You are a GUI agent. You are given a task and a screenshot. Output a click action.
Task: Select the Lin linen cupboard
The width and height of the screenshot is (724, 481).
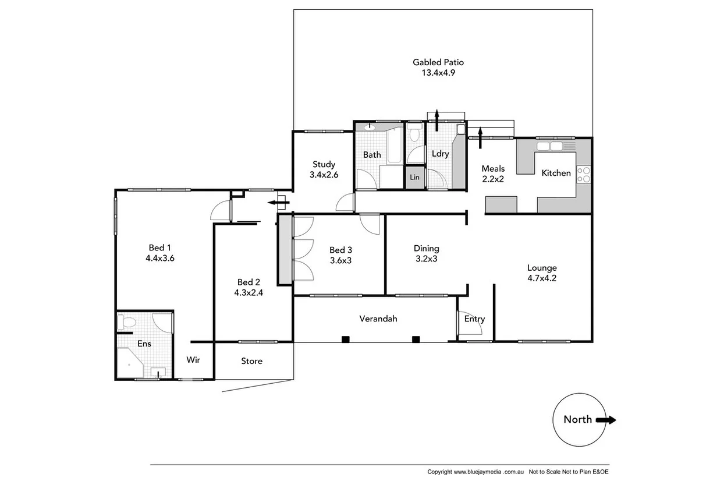click(x=414, y=177)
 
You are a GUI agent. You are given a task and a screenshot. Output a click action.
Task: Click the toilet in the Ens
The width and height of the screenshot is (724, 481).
click(x=126, y=323)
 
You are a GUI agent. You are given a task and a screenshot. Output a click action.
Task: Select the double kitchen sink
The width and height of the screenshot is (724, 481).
click(x=549, y=146)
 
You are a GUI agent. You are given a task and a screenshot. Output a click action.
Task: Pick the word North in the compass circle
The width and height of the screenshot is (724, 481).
click(x=577, y=420)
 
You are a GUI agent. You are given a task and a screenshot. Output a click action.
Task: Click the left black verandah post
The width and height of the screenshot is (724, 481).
click(x=345, y=339)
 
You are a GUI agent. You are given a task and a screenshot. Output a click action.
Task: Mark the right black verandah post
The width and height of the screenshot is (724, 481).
click(x=416, y=339)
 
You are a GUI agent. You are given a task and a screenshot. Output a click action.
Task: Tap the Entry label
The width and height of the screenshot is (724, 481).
click(x=474, y=319)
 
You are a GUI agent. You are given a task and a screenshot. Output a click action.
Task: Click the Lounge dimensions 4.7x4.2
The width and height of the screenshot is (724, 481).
click(x=542, y=278)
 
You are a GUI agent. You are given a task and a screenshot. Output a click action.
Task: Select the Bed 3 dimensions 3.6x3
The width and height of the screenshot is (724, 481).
click(x=340, y=260)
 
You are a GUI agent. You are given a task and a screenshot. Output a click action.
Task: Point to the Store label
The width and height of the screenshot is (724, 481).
click(x=251, y=361)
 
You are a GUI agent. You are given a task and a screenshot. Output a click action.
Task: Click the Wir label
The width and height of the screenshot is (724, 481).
click(x=193, y=360)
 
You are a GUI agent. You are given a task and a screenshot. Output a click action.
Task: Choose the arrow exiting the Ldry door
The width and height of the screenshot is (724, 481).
click(x=436, y=120)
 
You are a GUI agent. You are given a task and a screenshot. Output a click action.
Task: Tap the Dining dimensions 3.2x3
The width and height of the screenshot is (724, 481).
click(x=426, y=259)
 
